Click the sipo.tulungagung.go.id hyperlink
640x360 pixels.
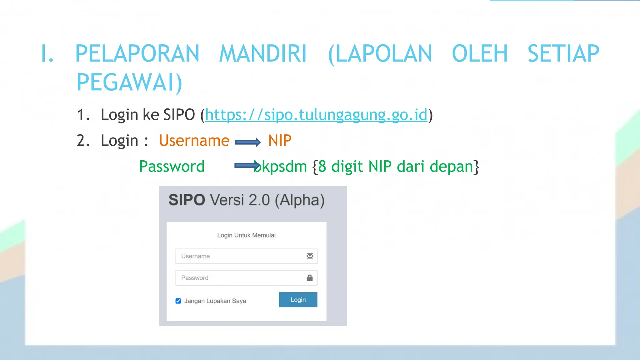click(316, 115)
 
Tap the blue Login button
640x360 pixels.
click(298, 300)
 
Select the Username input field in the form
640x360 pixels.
click(241, 256)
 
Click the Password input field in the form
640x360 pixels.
click(241, 278)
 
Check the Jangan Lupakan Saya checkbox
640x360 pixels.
click(178, 301)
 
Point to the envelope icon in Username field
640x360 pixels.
click(310, 256)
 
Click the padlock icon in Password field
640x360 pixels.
click(310, 278)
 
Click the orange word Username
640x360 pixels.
click(194, 141)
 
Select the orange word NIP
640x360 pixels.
click(280, 141)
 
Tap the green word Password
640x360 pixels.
click(172, 166)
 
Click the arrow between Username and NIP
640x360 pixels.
click(248, 142)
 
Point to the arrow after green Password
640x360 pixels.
click(247, 166)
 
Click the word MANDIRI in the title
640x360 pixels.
click(263, 54)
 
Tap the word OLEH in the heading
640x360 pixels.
click(480, 54)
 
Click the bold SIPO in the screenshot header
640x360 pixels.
click(187, 200)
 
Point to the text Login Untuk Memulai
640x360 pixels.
click(246, 235)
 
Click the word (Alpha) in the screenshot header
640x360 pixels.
click(300, 200)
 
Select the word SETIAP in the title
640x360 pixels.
click(563, 54)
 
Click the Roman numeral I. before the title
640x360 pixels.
click(47, 54)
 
